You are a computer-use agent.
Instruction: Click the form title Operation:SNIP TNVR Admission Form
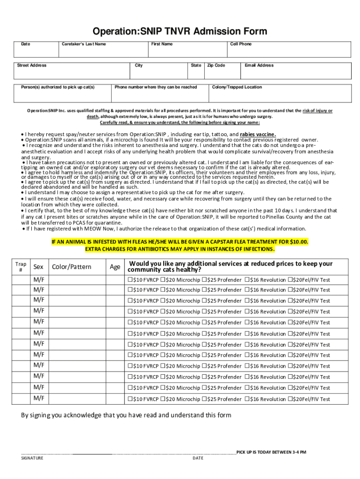180,31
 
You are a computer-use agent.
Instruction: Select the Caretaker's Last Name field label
84,44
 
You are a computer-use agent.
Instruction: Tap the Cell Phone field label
241,44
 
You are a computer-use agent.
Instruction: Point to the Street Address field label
32,65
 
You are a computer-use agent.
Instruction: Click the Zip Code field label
216,65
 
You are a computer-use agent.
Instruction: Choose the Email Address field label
259,65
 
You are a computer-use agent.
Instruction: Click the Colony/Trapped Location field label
237,87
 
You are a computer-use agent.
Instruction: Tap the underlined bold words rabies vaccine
258,134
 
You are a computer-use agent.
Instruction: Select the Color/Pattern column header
72,267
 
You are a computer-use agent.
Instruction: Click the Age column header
115,267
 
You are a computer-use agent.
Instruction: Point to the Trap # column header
20,267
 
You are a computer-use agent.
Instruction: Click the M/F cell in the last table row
39,399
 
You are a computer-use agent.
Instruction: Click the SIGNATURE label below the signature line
32,458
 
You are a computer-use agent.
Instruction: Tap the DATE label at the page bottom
198,458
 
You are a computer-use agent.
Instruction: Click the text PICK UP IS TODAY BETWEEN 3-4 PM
271,452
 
